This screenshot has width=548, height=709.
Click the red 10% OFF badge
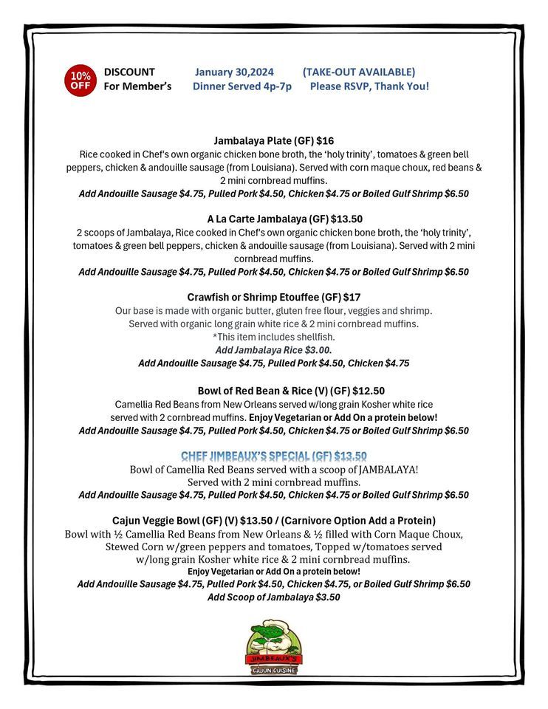click(x=81, y=80)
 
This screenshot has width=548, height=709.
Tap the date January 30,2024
click(x=234, y=72)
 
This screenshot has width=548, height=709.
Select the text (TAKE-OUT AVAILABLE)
click(x=358, y=72)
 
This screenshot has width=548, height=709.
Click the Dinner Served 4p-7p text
click(x=242, y=86)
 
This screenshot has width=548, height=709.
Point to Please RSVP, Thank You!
click(x=369, y=86)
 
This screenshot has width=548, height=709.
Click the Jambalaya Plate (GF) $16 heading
click(x=273, y=140)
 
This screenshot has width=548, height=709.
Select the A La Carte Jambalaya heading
click(x=274, y=219)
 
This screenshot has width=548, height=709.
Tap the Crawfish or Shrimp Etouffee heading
click(x=273, y=297)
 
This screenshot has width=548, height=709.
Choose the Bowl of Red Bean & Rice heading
click(x=290, y=391)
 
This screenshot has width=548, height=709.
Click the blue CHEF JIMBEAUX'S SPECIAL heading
click(x=274, y=456)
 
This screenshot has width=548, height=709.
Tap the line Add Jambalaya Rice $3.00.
click(x=273, y=350)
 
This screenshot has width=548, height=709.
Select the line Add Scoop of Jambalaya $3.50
click(x=273, y=597)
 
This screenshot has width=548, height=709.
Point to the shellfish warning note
click(x=273, y=337)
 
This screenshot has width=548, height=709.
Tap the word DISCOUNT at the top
click(x=129, y=72)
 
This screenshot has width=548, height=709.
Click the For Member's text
click(x=137, y=86)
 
